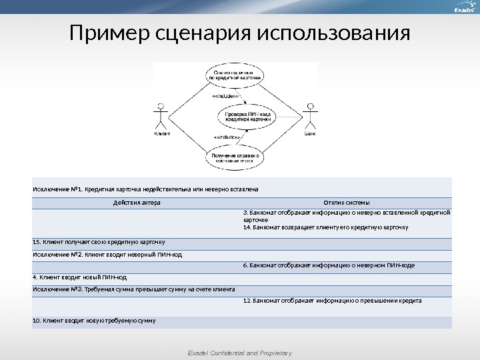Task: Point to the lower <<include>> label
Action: (227, 137)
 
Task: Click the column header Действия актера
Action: (137, 203)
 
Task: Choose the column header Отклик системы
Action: (346, 203)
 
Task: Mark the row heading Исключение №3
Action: (133, 289)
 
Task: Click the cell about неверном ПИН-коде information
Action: (329, 265)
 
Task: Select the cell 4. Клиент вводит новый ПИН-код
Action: (79, 277)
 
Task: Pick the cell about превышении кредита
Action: (332, 301)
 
